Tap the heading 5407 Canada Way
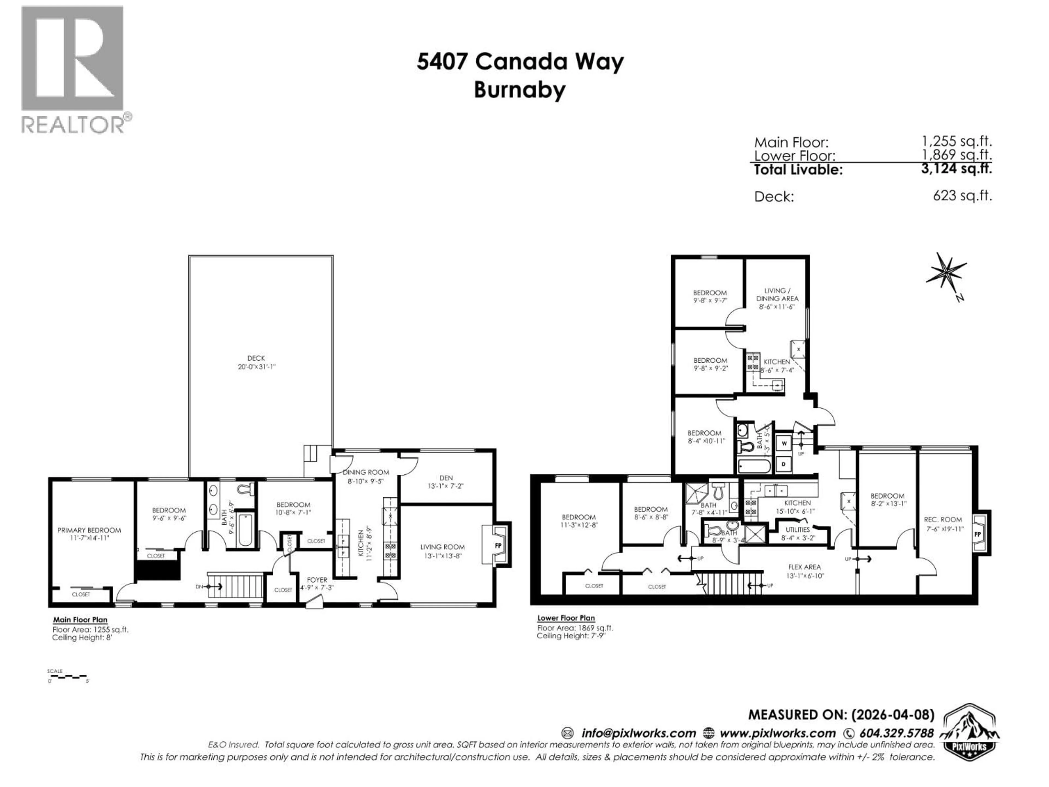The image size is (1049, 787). (520, 62)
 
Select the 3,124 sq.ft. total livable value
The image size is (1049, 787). (956, 168)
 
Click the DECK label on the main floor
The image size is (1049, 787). (256, 358)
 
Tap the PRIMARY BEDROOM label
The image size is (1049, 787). (89, 530)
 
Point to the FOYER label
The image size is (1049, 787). (317, 580)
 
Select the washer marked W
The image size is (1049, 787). (784, 444)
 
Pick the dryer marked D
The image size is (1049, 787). (784, 464)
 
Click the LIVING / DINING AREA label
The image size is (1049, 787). (777, 294)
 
